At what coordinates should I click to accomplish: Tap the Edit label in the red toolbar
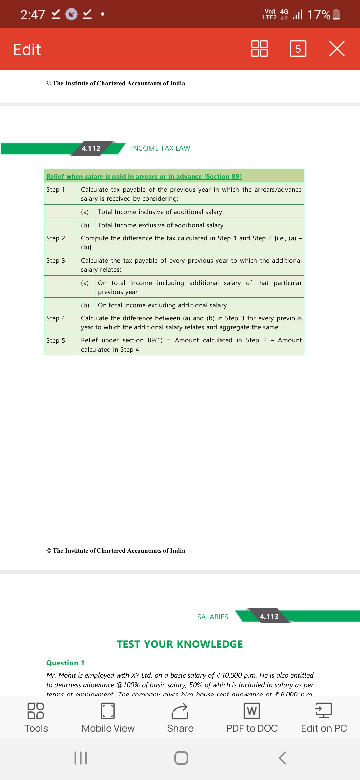27,49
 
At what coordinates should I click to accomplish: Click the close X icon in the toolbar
337,49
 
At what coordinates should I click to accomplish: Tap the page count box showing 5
298,49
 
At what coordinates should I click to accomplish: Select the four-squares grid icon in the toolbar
259,49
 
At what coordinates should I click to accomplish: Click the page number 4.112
91,148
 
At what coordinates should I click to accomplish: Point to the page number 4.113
269,617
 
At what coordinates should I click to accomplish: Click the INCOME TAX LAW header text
160,148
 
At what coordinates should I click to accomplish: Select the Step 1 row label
56,190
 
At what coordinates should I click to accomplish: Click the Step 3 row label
56,261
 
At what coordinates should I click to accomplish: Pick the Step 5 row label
56,341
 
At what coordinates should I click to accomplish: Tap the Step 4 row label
56,318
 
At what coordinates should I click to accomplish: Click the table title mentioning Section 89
144,176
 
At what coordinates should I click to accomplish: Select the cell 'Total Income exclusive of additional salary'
161,225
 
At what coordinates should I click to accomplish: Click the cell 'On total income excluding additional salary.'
163,305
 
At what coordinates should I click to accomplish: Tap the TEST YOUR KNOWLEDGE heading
180,644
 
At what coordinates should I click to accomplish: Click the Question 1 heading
65,663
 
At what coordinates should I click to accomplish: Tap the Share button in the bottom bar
180,718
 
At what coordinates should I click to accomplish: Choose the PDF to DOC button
252,718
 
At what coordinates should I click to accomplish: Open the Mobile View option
108,718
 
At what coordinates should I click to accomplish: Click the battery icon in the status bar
336,14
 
